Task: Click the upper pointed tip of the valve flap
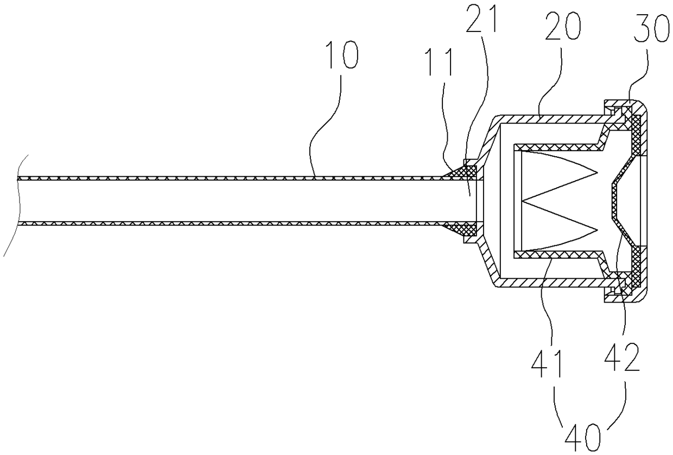pos(597,172)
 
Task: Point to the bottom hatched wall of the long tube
pos(217,223)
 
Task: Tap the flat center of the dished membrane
pos(614,201)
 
